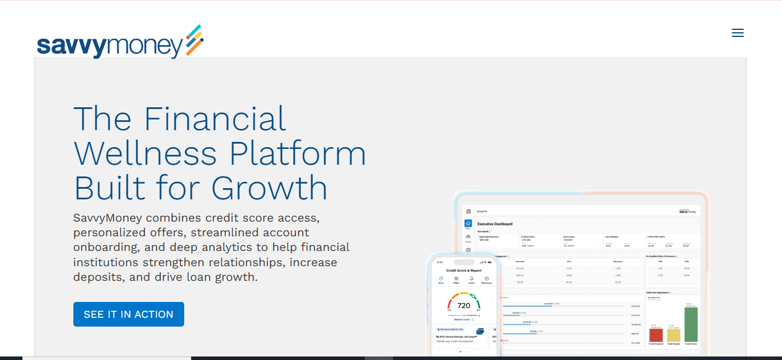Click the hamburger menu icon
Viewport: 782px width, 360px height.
pos(737,33)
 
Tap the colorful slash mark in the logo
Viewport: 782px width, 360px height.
pos(194,40)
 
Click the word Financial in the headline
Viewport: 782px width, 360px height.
pos(215,118)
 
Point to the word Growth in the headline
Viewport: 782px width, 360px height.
pos(269,188)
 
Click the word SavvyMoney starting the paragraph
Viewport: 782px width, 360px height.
pos(108,218)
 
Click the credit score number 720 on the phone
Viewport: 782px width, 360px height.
pos(463,305)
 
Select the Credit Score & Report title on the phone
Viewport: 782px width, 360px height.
pos(463,271)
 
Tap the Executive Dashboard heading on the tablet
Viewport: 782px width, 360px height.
pos(495,224)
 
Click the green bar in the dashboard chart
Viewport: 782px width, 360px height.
pos(691,324)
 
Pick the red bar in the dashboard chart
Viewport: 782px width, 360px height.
pos(656,335)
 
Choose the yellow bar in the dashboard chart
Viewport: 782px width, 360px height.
pos(673,335)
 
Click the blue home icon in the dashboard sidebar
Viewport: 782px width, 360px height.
pos(468,223)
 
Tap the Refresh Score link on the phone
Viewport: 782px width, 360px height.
pos(463,320)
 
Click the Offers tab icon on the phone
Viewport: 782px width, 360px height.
pos(456,279)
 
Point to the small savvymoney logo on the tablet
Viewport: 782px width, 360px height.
pos(688,212)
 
